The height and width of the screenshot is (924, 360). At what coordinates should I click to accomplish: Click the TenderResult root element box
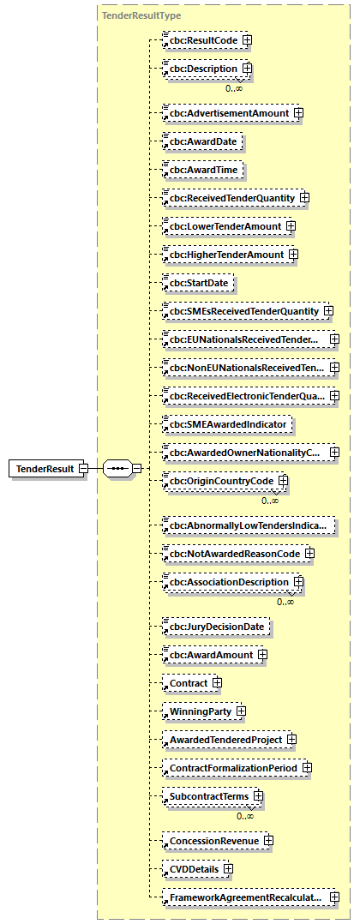42,469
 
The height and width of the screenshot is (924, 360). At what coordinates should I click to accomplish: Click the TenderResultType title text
141,15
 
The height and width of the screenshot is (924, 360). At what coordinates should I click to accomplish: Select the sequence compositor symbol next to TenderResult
117,469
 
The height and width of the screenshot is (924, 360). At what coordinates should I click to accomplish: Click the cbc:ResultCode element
202,39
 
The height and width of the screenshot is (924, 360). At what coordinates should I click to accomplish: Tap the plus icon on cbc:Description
247,68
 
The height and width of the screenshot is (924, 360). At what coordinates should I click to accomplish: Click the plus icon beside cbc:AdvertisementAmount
298,112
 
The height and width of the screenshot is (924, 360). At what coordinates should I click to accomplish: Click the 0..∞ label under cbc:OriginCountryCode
271,501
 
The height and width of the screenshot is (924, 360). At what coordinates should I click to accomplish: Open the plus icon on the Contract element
217,683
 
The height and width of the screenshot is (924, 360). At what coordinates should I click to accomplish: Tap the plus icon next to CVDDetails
228,869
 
